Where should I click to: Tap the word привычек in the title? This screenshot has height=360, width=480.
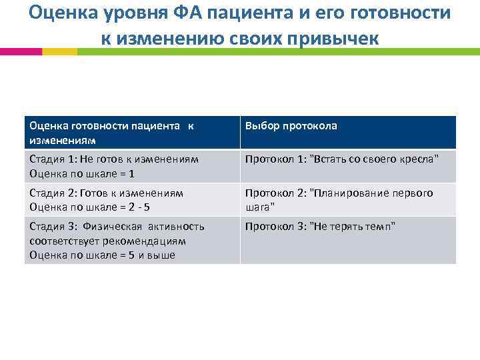[x=336, y=38]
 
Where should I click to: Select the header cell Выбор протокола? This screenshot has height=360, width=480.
[x=291, y=126]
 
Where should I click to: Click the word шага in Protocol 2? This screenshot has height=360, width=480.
[x=258, y=207]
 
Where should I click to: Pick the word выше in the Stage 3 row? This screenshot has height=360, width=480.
[x=162, y=255]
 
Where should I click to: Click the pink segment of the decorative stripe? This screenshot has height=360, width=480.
[x=21, y=51]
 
